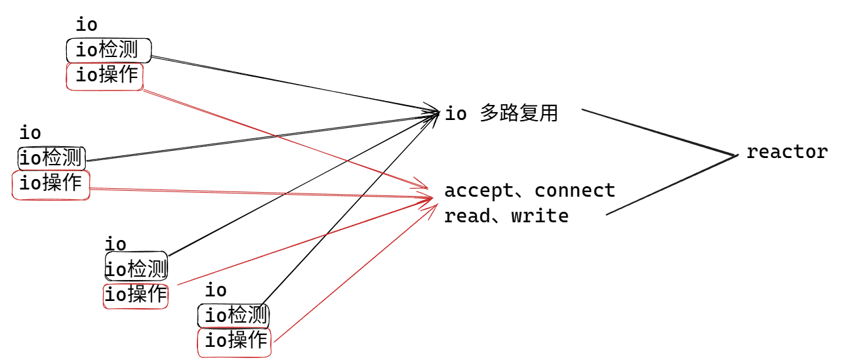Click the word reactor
click(787, 152)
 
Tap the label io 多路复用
click(501, 113)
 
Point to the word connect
click(575, 191)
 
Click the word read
click(467, 216)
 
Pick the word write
click(540, 216)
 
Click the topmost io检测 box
click(108, 50)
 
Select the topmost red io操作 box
click(105, 76)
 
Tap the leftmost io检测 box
click(52, 158)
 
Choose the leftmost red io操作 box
click(51, 184)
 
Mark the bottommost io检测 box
click(234, 316)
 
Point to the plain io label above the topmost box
click(87, 25)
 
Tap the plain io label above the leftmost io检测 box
click(30, 133)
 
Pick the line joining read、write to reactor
click(669, 186)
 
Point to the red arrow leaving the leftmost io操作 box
click(262, 193)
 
